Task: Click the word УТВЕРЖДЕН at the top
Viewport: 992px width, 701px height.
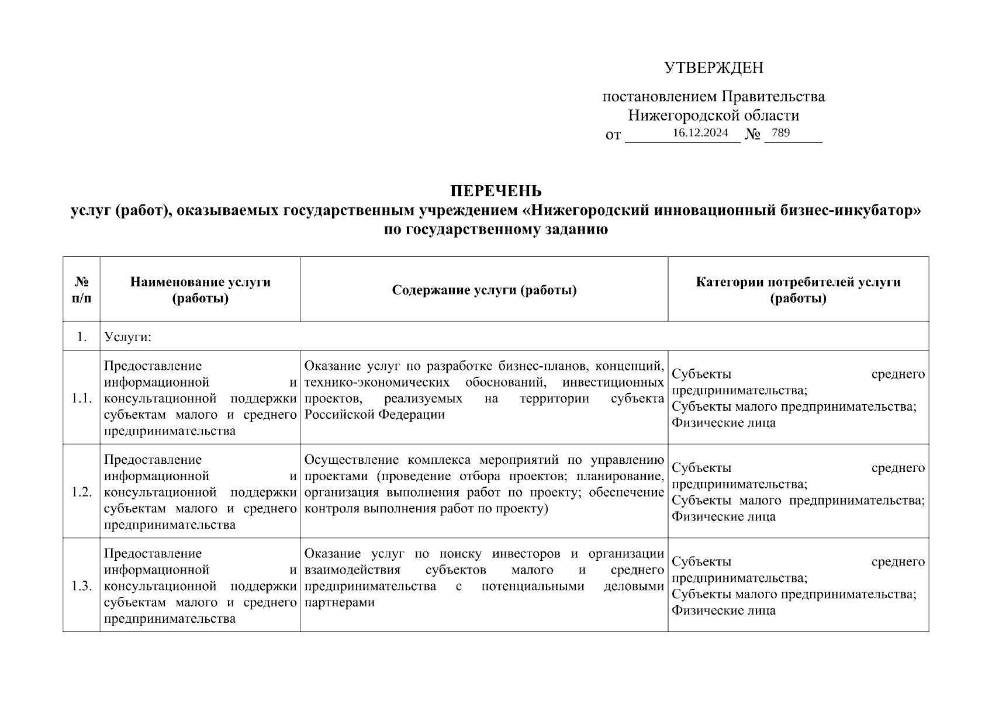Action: (713, 68)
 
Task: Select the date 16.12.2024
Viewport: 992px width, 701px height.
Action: (700, 133)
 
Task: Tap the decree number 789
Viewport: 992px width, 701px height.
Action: (780, 133)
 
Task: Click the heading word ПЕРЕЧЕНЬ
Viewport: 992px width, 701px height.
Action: (496, 192)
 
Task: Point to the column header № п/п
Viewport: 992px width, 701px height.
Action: (81, 290)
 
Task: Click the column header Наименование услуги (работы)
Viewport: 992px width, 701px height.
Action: (200, 290)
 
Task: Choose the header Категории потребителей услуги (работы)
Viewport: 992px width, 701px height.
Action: (798, 290)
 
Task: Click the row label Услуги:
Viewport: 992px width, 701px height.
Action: (127, 337)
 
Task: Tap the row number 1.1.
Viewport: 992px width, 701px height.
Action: (82, 398)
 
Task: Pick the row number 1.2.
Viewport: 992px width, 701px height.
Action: (82, 492)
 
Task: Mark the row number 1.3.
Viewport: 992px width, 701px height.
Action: (82, 585)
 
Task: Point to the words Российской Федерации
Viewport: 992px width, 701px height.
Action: (375, 415)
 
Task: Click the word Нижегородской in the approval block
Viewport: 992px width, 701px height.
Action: (676, 116)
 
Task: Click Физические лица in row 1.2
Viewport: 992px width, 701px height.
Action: (724, 516)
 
